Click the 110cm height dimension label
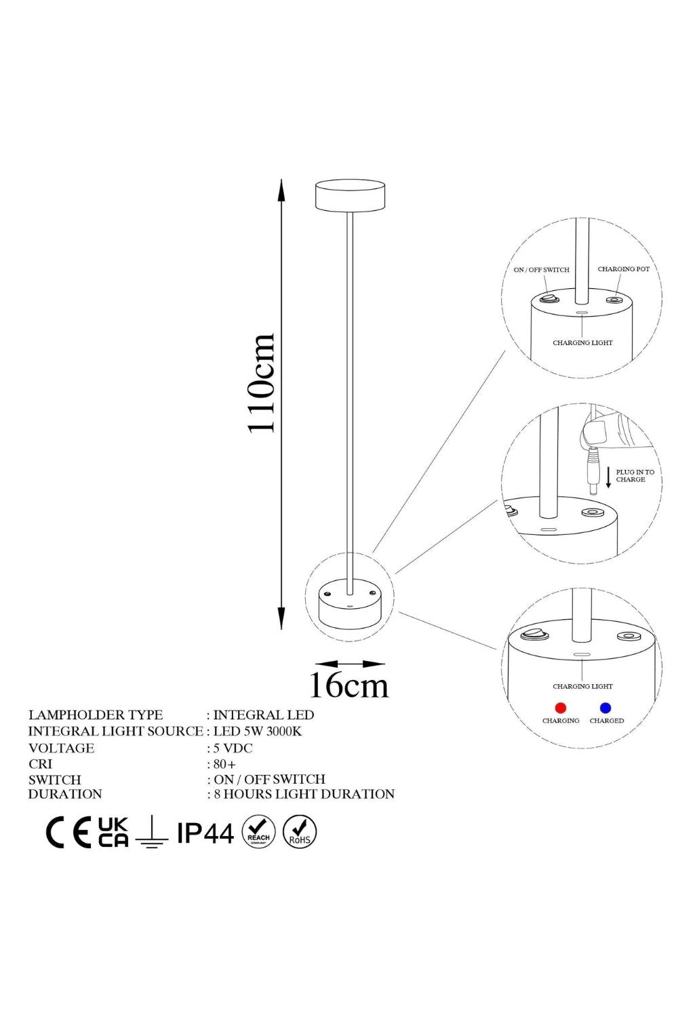[x=260, y=383]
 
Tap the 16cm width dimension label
[x=348, y=685]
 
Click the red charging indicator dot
[x=561, y=708]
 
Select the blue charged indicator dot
[x=605, y=708]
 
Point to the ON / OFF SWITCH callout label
[x=541, y=270]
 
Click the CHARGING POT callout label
[x=624, y=269]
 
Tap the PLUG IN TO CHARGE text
[x=635, y=476]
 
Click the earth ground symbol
[x=152, y=832]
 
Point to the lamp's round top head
[x=350, y=195]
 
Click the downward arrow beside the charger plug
[x=608, y=477]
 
